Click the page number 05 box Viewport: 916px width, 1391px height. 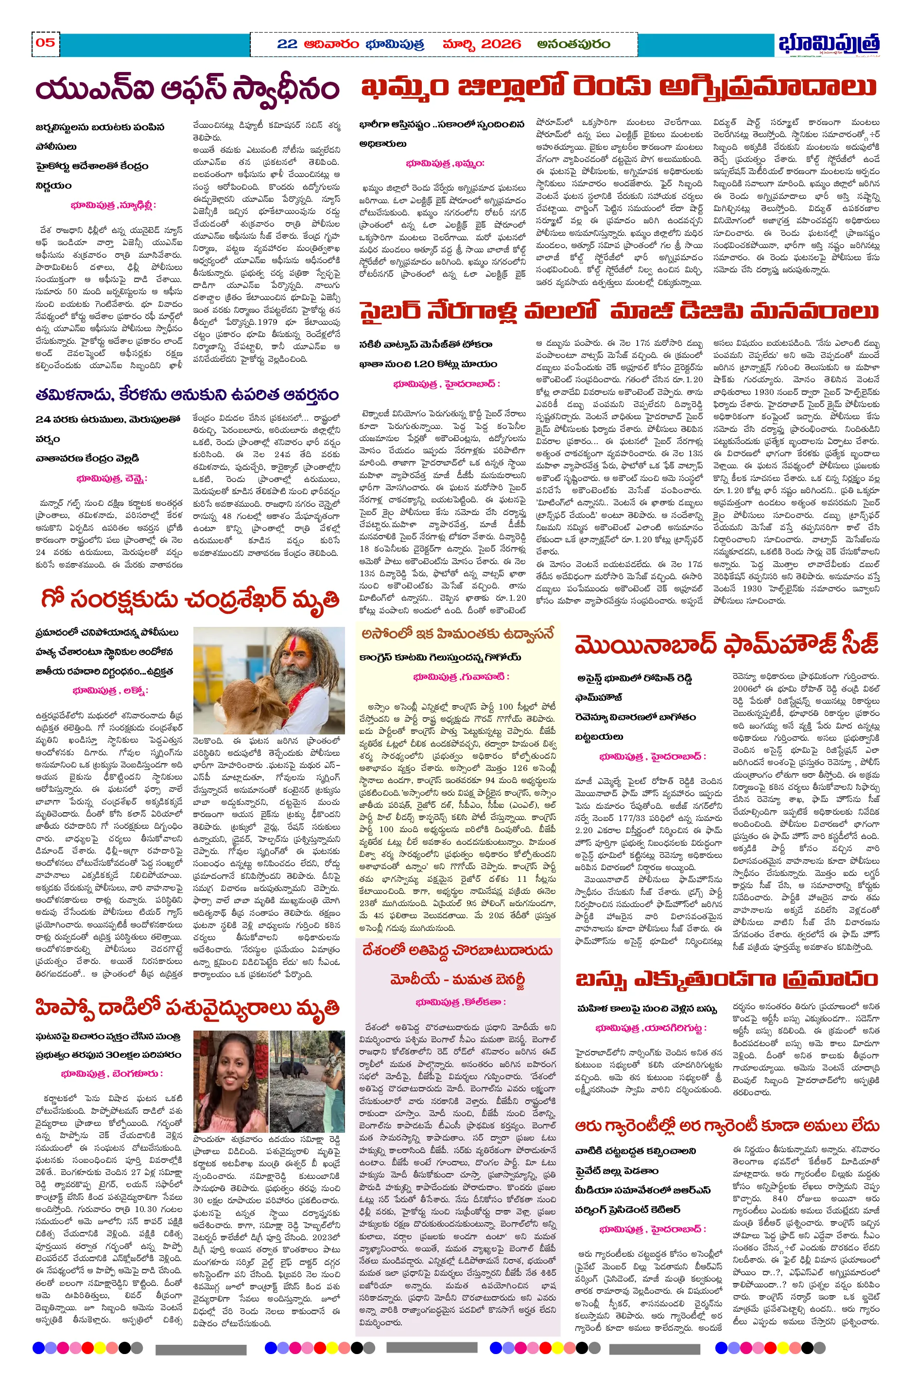click(46, 43)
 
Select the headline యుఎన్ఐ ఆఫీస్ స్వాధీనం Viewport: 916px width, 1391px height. click(187, 89)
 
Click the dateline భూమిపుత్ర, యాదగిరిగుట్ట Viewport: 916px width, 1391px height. click(651, 1027)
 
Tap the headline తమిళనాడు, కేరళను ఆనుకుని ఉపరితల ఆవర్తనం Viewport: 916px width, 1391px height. click(187, 395)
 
